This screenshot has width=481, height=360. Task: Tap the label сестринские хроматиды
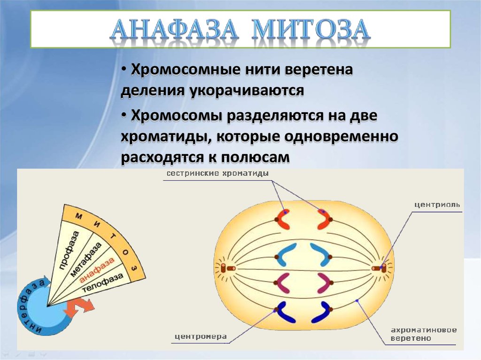pos(217,174)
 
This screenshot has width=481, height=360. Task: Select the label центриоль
pos(437,205)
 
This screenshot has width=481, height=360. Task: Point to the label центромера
pos(201,336)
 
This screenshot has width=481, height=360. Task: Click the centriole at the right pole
pos(380,268)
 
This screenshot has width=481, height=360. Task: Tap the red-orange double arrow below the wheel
pos(78,307)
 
